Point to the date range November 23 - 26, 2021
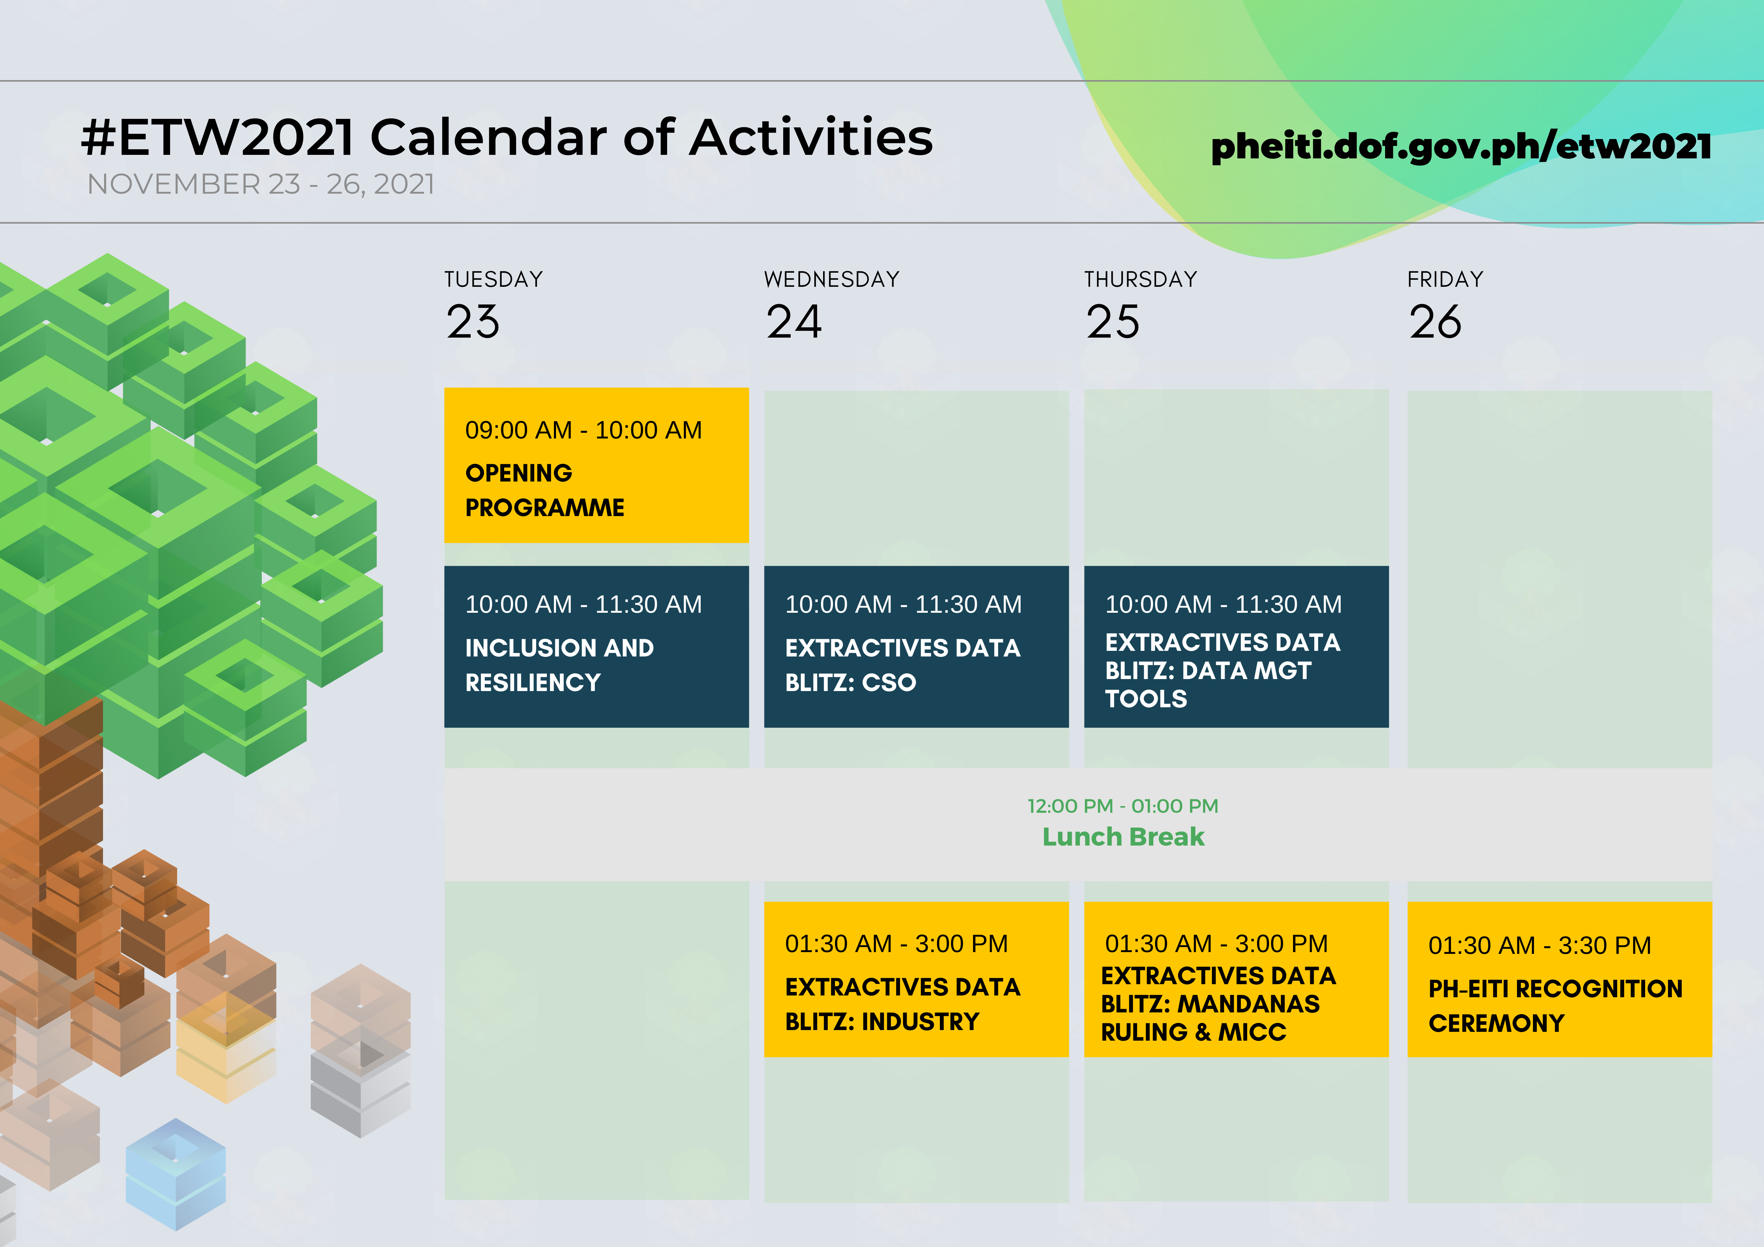pos(261,184)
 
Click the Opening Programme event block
pos(596,465)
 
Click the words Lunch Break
pos(1123,837)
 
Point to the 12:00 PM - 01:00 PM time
pos(1123,806)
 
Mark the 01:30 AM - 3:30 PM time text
pos(1540,945)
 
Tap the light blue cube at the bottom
pos(176,1174)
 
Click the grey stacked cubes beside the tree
pos(360,1083)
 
